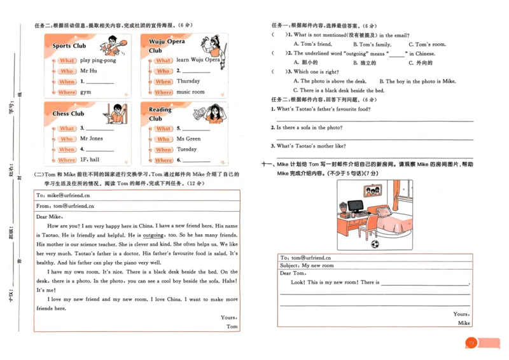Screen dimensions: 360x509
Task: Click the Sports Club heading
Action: click(69, 46)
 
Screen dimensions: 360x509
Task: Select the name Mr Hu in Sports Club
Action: click(88, 71)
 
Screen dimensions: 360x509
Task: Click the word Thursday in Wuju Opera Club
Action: click(188, 81)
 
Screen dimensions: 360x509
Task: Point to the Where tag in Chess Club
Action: click(67, 160)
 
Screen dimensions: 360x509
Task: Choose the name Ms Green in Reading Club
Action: click(188, 139)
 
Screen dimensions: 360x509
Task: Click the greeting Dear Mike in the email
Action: click(50, 216)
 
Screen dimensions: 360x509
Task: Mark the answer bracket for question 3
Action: click(278, 72)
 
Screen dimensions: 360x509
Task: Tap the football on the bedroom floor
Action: click(375, 243)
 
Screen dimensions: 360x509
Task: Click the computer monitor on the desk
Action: click(355, 206)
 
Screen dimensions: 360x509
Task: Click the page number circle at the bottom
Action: click(471, 343)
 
